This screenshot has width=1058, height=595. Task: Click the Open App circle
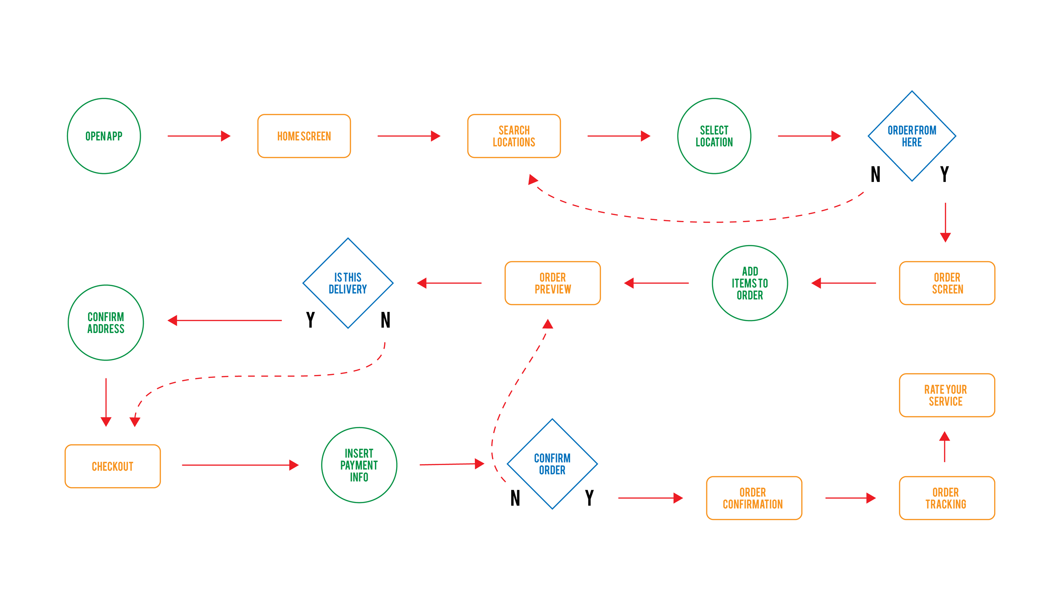(x=104, y=136)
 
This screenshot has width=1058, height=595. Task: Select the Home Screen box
(x=304, y=136)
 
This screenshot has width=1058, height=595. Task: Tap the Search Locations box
(x=514, y=136)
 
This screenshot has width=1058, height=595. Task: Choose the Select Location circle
(x=714, y=136)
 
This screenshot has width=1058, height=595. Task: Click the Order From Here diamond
(x=912, y=136)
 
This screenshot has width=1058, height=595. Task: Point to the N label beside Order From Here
(x=875, y=174)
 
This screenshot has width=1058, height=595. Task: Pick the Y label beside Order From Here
(x=944, y=174)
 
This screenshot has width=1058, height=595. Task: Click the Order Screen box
(x=947, y=283)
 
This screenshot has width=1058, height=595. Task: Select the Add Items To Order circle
(x=749, y=283)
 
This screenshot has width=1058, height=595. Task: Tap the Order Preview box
(x=552, y=283)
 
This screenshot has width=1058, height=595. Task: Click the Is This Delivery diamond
(x=348, y=283)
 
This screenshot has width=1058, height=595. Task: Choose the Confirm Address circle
(x=106, y=322)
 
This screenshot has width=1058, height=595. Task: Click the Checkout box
(x=113, y=466)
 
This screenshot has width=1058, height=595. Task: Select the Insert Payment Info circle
(x=359, y=465)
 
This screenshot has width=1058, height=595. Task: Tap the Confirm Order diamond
(x=552, y=464)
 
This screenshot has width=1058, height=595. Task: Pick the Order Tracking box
(x=947, y=498)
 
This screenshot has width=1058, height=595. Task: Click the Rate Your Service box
(x=947, y=395)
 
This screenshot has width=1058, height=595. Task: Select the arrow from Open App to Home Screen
(x=198, y=136)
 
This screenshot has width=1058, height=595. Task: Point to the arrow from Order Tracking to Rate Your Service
(x=944, y=447)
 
